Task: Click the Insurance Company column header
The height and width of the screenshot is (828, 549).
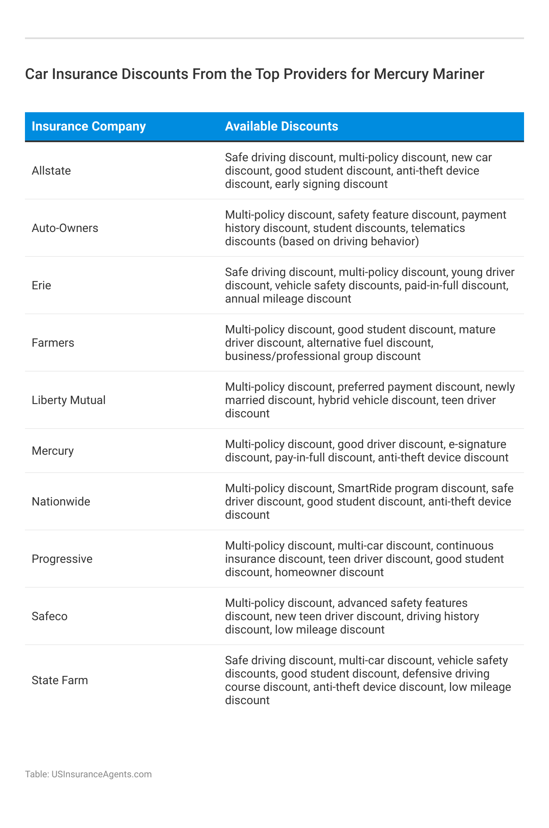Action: pos(89,126)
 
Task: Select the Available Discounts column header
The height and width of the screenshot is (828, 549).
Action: pos(281,126)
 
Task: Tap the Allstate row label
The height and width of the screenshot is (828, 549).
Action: pos(51,171)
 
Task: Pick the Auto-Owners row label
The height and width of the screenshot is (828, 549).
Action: pos(65,228)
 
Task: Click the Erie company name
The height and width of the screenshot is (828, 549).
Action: pos(41,286)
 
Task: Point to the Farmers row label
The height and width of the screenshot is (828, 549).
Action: pos(53,343)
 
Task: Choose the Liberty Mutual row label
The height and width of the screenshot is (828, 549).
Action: pos(69,400)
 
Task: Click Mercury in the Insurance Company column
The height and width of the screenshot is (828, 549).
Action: pos(52,451)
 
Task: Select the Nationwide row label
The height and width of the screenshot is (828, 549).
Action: pos(61,502)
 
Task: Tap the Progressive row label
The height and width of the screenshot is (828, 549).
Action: pos(62,559)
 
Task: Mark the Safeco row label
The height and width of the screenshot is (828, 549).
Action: pos(49,616)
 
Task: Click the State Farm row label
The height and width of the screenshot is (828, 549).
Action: pos(60,680)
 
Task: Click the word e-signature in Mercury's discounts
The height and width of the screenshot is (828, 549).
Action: pos(477,444)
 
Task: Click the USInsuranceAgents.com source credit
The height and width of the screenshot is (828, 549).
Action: pos(101,774)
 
